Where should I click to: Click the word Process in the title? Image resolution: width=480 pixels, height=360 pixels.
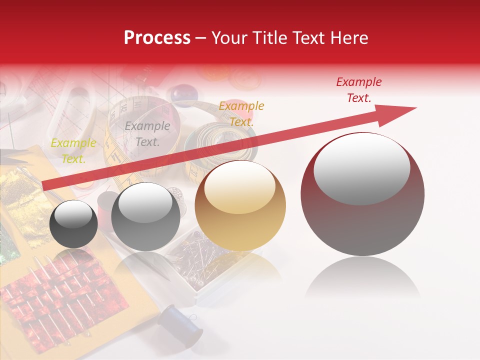[157, 38]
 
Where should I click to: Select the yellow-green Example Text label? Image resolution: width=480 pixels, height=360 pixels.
[73, 150]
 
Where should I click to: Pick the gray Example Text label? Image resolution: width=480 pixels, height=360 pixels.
[147, 134]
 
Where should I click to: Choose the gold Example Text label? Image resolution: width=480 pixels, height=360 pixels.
[241, 113]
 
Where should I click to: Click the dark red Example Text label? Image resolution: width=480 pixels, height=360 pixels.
[359, 90]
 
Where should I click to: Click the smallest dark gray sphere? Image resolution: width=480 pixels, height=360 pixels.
[73, 225]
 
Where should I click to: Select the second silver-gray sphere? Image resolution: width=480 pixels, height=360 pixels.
[145, 217]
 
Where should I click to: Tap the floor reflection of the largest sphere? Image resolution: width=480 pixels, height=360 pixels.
[363, 280]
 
